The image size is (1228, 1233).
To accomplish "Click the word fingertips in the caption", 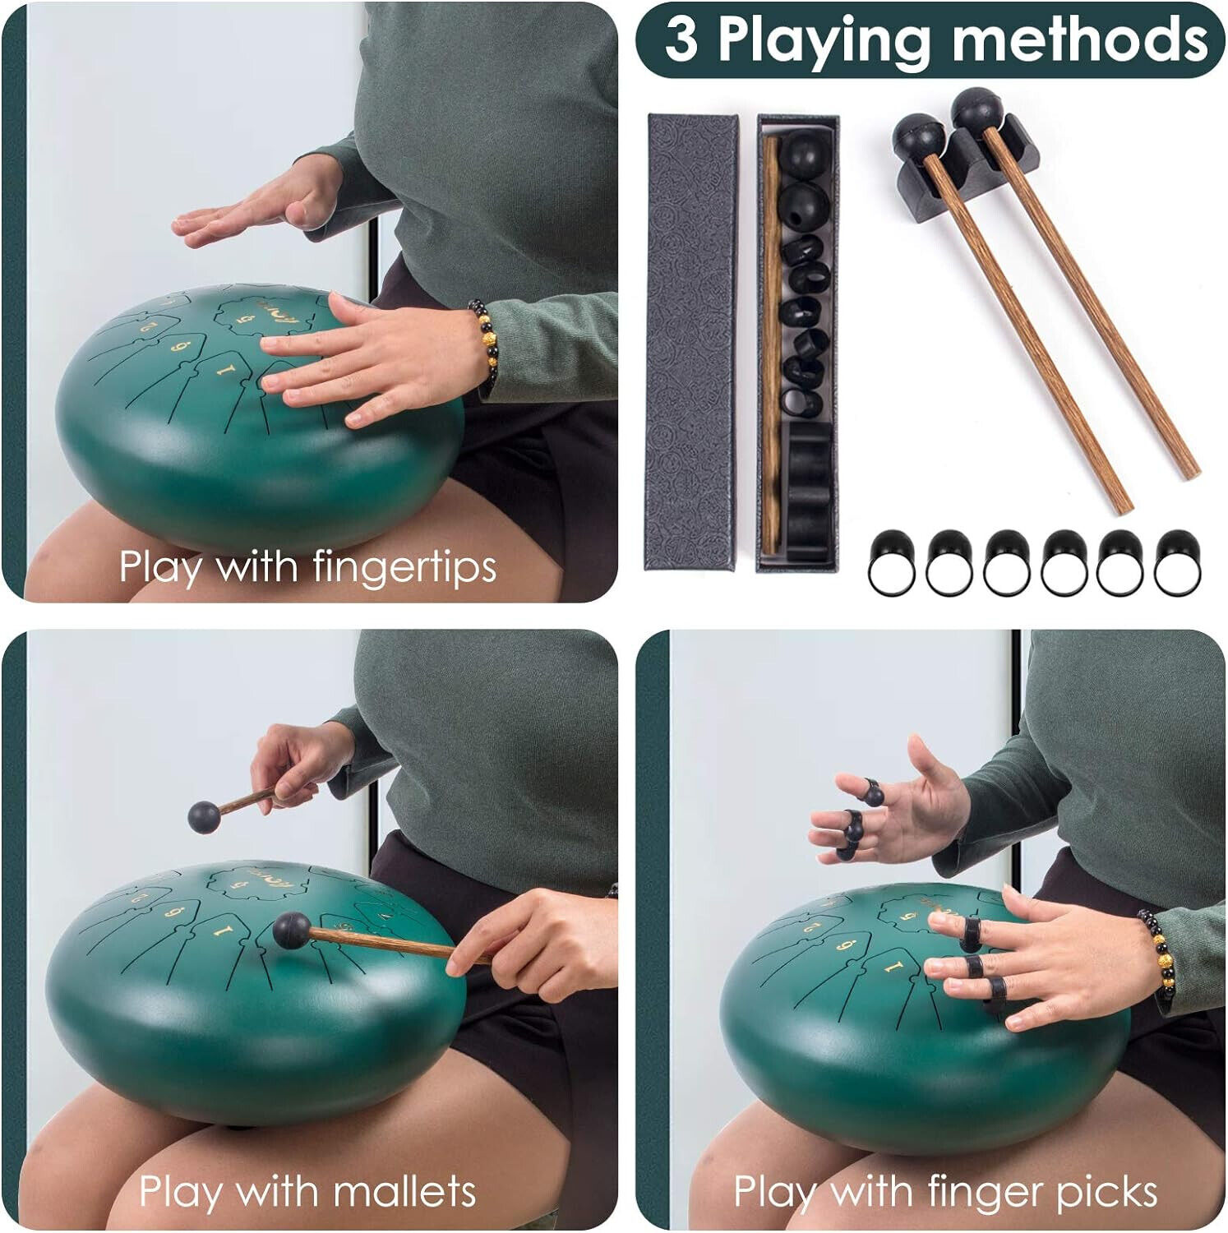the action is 404,568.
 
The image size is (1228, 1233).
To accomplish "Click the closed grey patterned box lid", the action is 691,342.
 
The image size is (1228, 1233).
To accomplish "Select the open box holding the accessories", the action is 797,343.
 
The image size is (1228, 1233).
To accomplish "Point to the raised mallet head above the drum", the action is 204,816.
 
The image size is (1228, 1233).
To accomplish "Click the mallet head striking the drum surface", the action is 291,931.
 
